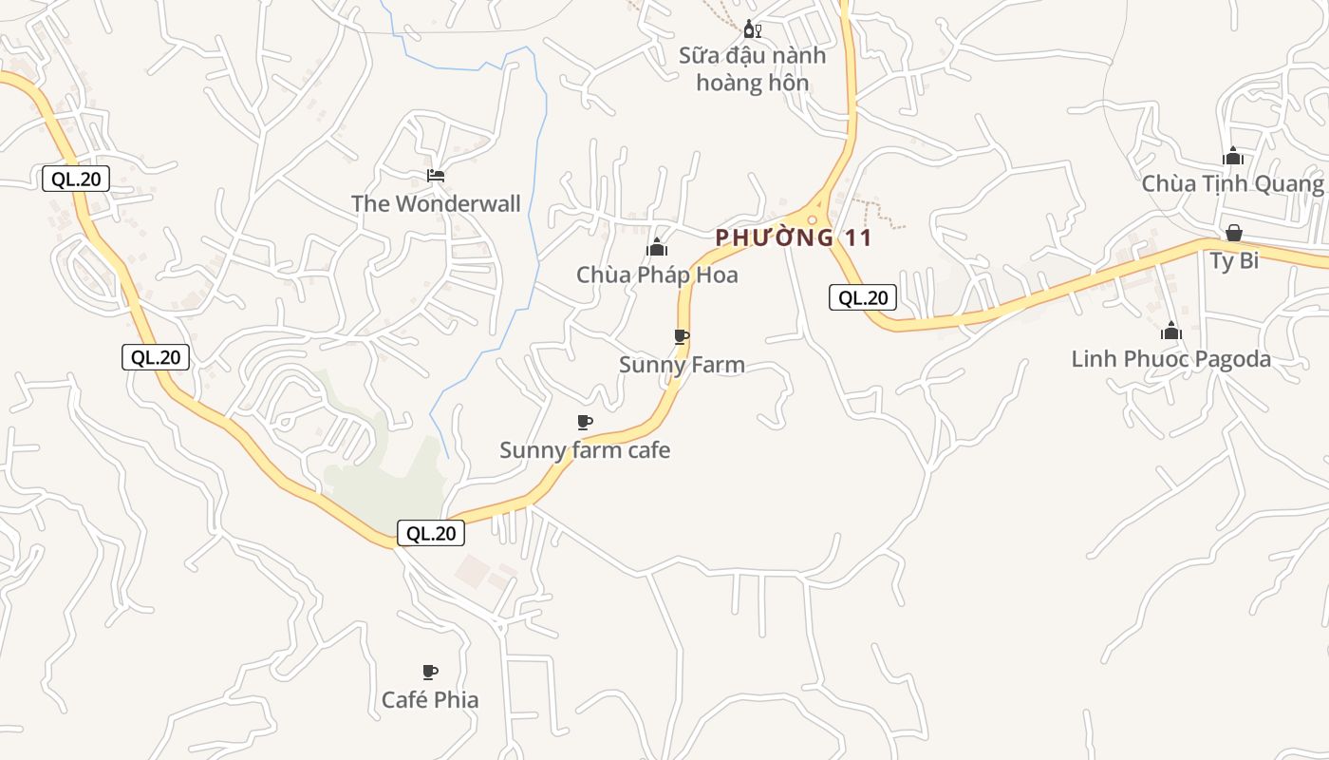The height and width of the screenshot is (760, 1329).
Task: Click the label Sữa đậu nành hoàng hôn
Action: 752,69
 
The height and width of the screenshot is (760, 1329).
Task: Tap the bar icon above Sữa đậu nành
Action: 752,29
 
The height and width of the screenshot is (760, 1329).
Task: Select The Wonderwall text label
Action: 436,203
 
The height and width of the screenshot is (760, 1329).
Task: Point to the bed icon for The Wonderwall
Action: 436,175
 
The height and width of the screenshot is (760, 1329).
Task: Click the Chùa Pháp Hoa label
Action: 657,275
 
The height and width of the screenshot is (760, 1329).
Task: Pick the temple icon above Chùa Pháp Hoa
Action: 657,247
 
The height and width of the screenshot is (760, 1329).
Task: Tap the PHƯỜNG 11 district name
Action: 794,237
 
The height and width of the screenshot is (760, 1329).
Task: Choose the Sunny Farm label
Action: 682,365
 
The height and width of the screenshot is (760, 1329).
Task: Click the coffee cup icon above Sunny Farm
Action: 681,336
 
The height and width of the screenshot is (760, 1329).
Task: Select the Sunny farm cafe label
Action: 585,450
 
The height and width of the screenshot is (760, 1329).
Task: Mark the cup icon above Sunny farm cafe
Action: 585,422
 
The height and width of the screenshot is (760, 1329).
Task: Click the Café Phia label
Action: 430,700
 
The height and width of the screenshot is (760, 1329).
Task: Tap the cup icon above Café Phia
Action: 430,672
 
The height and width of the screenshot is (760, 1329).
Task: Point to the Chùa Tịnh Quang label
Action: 1232,183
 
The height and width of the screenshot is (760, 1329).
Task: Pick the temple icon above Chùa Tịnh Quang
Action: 1233,156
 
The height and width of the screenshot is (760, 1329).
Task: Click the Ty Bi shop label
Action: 1234,260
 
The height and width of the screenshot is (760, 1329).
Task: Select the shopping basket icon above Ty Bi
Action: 1234,233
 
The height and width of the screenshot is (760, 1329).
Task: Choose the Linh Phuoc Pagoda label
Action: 1170,359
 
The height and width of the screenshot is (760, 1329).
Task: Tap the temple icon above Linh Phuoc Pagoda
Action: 1170,331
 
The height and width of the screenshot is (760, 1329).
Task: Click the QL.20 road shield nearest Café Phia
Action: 431,534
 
